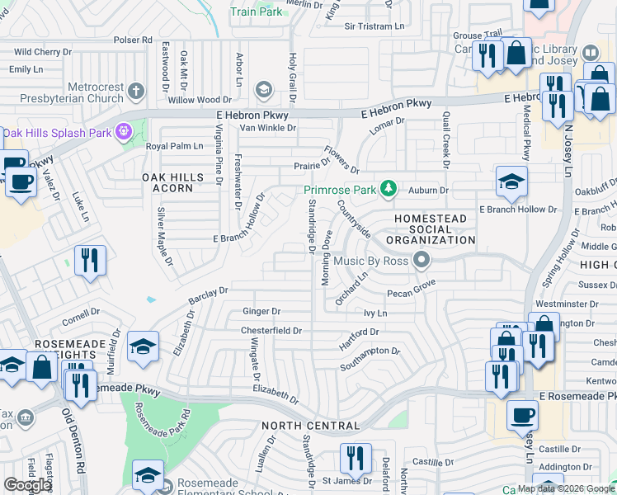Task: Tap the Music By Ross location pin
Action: [422, 261]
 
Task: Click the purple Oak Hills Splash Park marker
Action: [124, 131]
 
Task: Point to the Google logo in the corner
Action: [27, 485]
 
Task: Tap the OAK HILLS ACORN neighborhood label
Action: [167, 182]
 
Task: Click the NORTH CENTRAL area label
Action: [310, 426]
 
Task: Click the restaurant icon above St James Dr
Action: [356, 458]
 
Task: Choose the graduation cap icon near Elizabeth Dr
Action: [143, 346]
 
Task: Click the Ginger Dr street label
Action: [261, 311]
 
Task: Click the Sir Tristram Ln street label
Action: [378, 26]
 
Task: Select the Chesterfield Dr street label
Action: [271, 330]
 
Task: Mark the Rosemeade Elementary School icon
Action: [148, 478]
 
